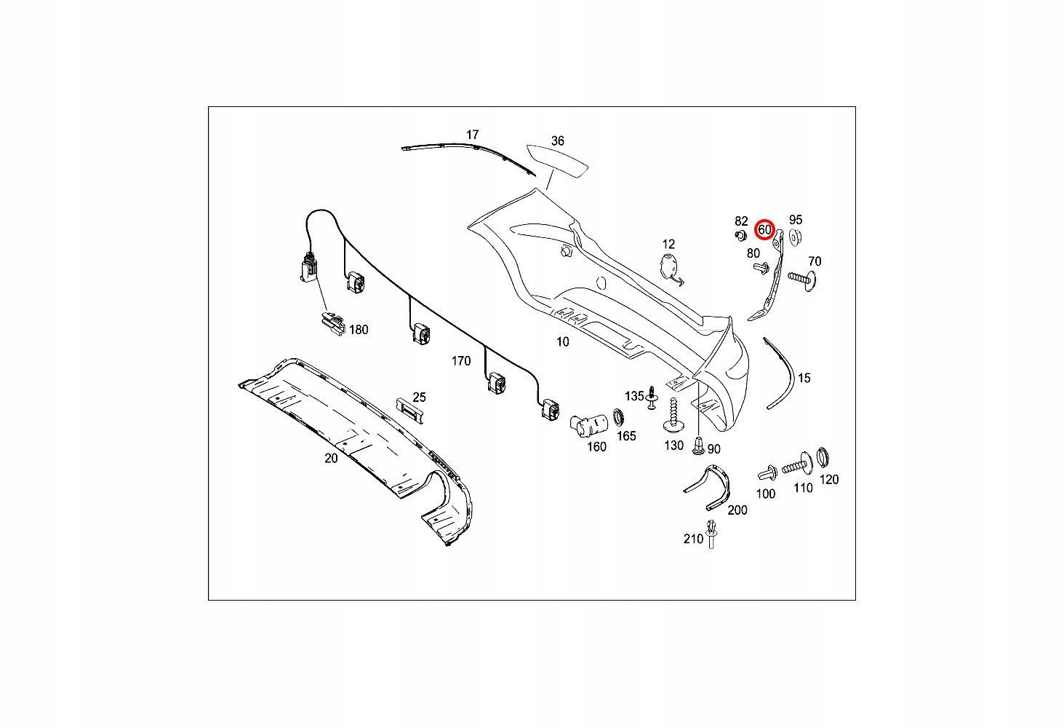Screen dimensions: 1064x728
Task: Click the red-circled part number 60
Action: coord(764,230)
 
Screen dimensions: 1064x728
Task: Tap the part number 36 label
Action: coord(558,141)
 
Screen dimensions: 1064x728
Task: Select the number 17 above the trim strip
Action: coord(472,135)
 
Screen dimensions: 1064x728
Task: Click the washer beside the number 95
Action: coord(795,237)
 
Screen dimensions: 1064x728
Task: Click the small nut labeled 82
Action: coord(740,235)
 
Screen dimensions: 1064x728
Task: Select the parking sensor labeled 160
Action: coord(589,423)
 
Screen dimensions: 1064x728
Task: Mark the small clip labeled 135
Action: coord(652,397)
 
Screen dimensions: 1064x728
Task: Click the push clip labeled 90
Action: coord(697,446)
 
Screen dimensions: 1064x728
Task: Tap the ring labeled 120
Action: coord(823,457)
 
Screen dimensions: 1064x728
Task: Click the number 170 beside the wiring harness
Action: coord(461,361)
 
